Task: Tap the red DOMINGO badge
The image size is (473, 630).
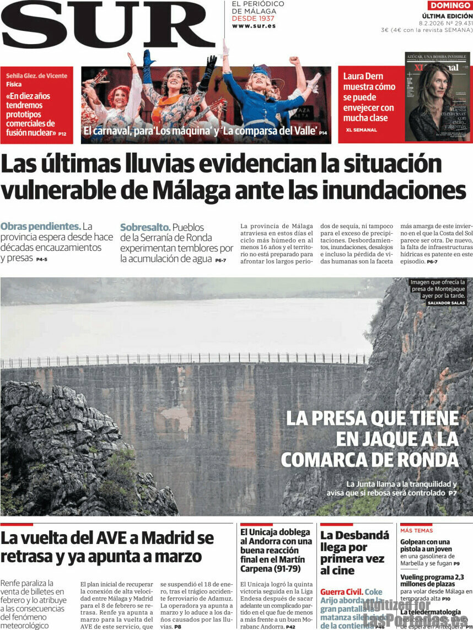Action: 450,6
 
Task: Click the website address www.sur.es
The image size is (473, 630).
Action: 254,26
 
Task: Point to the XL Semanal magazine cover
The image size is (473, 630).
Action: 437,97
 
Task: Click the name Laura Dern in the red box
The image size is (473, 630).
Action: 363,76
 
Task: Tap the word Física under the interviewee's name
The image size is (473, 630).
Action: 14,84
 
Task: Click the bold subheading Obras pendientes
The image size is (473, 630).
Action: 40,226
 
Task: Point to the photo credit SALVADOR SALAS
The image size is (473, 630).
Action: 446,303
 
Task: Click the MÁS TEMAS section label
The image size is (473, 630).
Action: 416,530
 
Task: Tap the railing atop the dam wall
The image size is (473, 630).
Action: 182,359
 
